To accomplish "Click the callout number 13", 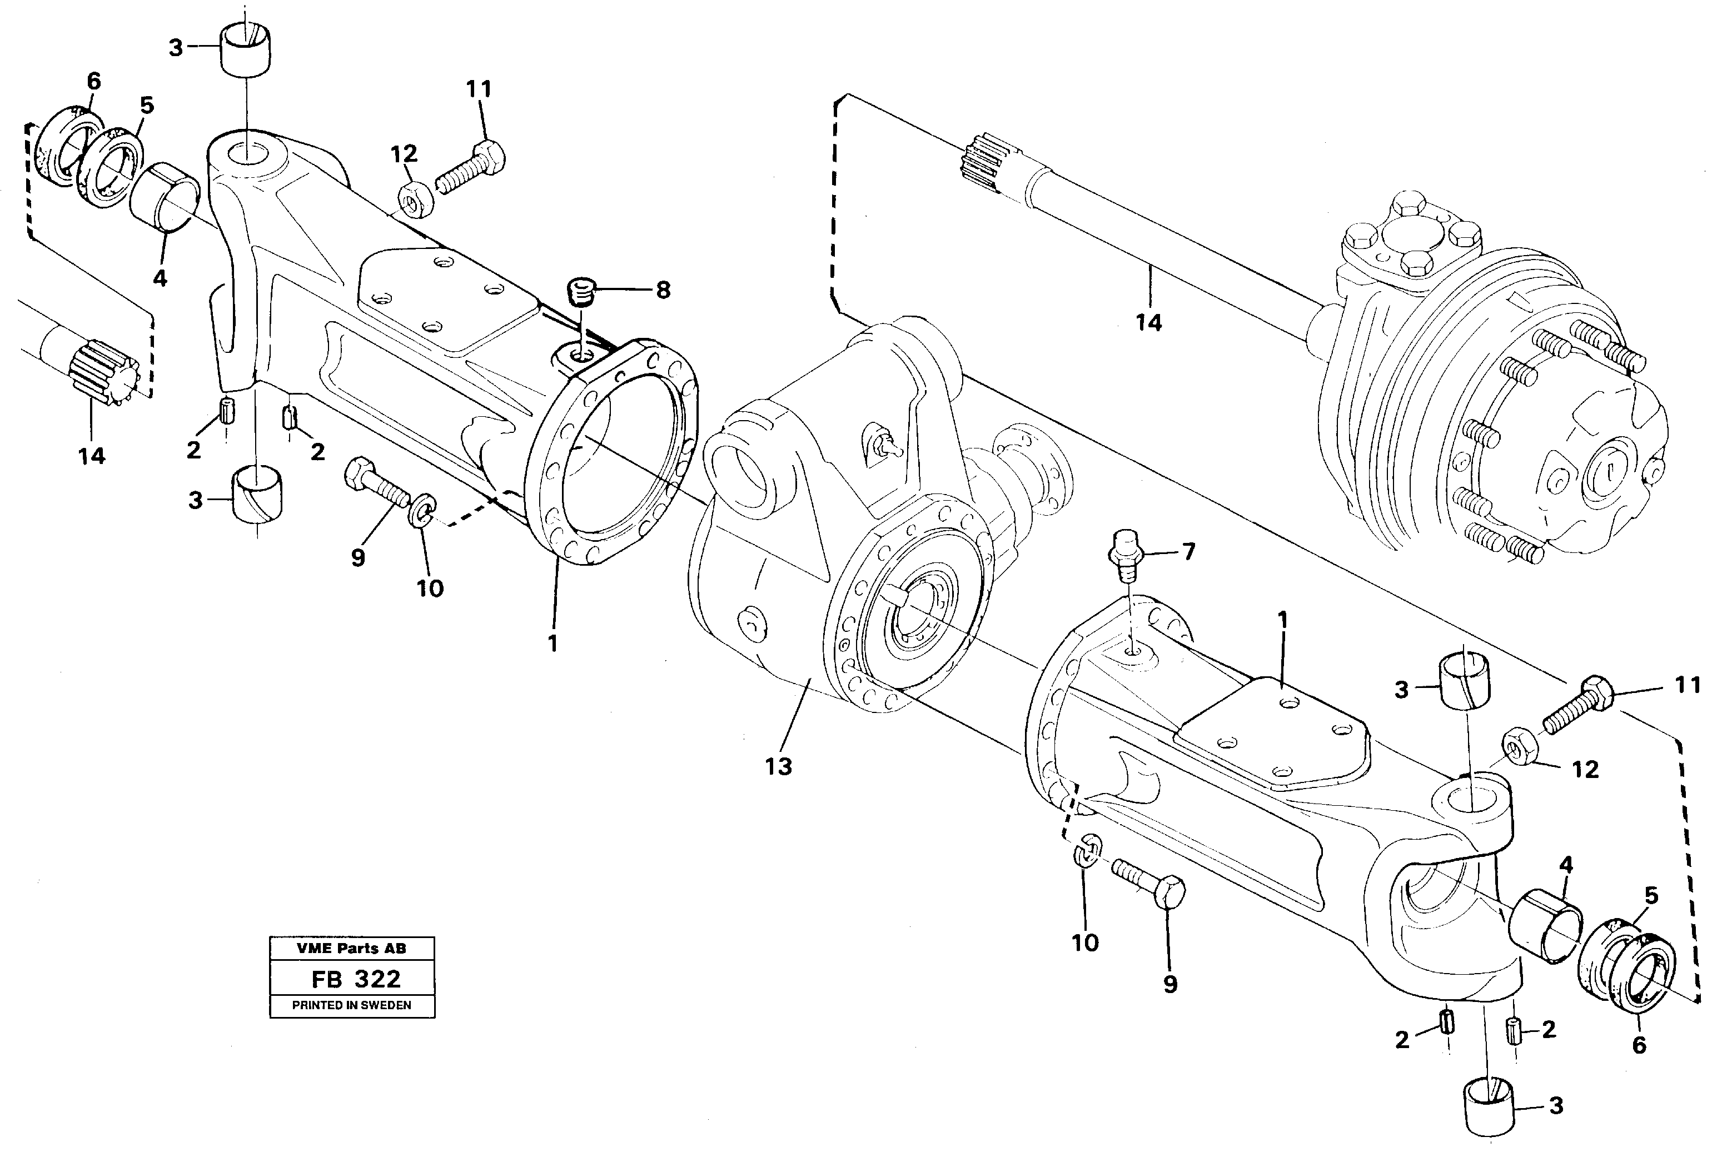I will [778, 766].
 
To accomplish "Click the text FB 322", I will [356, 979].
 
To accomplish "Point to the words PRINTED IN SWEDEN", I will [351, 1006].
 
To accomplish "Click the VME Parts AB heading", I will [351, 949].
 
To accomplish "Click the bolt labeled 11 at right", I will [1577, 704].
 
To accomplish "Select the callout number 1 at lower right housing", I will [1283, 621].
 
